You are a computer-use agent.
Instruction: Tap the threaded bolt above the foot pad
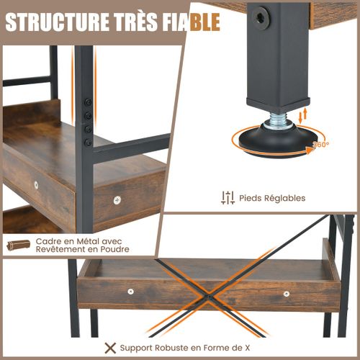[276, 121]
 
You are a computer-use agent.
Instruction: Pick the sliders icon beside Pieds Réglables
[228, 197]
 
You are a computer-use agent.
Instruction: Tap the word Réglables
[286, 198]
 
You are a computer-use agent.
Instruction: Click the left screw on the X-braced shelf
[130, 292]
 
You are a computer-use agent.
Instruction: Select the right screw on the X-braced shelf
[287, 294]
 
